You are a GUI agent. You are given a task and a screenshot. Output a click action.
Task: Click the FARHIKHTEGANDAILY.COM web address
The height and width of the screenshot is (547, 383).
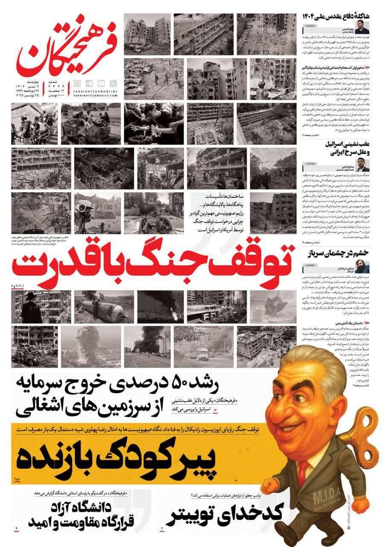point(94,95)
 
